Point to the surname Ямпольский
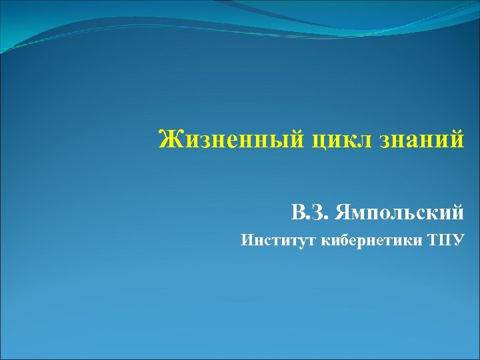pos(399,213)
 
